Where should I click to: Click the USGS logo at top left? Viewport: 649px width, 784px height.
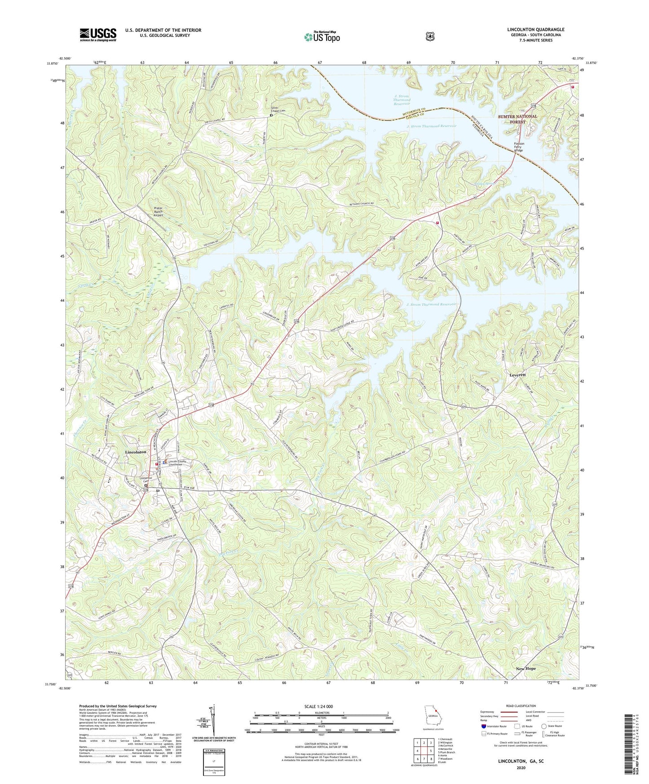coord(98,35)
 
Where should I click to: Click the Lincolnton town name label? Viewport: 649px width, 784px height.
coord(136,452)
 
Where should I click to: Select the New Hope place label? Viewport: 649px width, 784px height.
coord(525,669)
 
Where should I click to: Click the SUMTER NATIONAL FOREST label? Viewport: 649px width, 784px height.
coord(517,119)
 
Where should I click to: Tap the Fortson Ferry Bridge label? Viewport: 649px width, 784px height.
coord(518,147)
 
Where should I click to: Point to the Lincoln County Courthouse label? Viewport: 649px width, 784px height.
coord(177,463)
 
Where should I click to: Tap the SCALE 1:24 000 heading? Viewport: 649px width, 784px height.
coord(318,706)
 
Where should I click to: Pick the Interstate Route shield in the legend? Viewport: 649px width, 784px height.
coord(483,726)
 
